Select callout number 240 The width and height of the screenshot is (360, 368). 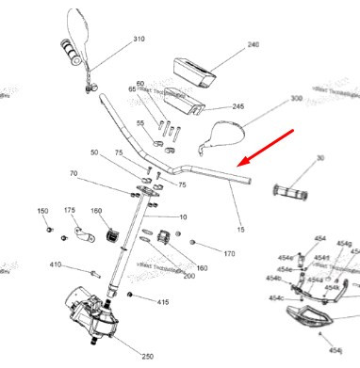pos(252,44)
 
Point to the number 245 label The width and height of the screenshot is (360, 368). pos(238,106)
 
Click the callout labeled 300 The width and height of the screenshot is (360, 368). pos(296,98)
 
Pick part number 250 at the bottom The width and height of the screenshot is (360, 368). pos(147,356)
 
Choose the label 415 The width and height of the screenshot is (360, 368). pos(162,302)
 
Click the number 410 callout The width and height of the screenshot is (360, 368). pos(55,265)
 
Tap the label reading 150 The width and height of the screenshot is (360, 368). pos(41,210)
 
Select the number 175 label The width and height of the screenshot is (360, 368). pos(69,210)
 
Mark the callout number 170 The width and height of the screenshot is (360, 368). pos(228,254)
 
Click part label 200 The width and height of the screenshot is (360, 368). pos(188,276)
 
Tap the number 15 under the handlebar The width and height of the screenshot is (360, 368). pos(240,229)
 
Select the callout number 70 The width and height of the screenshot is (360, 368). pos(74,173)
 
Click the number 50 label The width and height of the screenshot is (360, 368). pos(94,152)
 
